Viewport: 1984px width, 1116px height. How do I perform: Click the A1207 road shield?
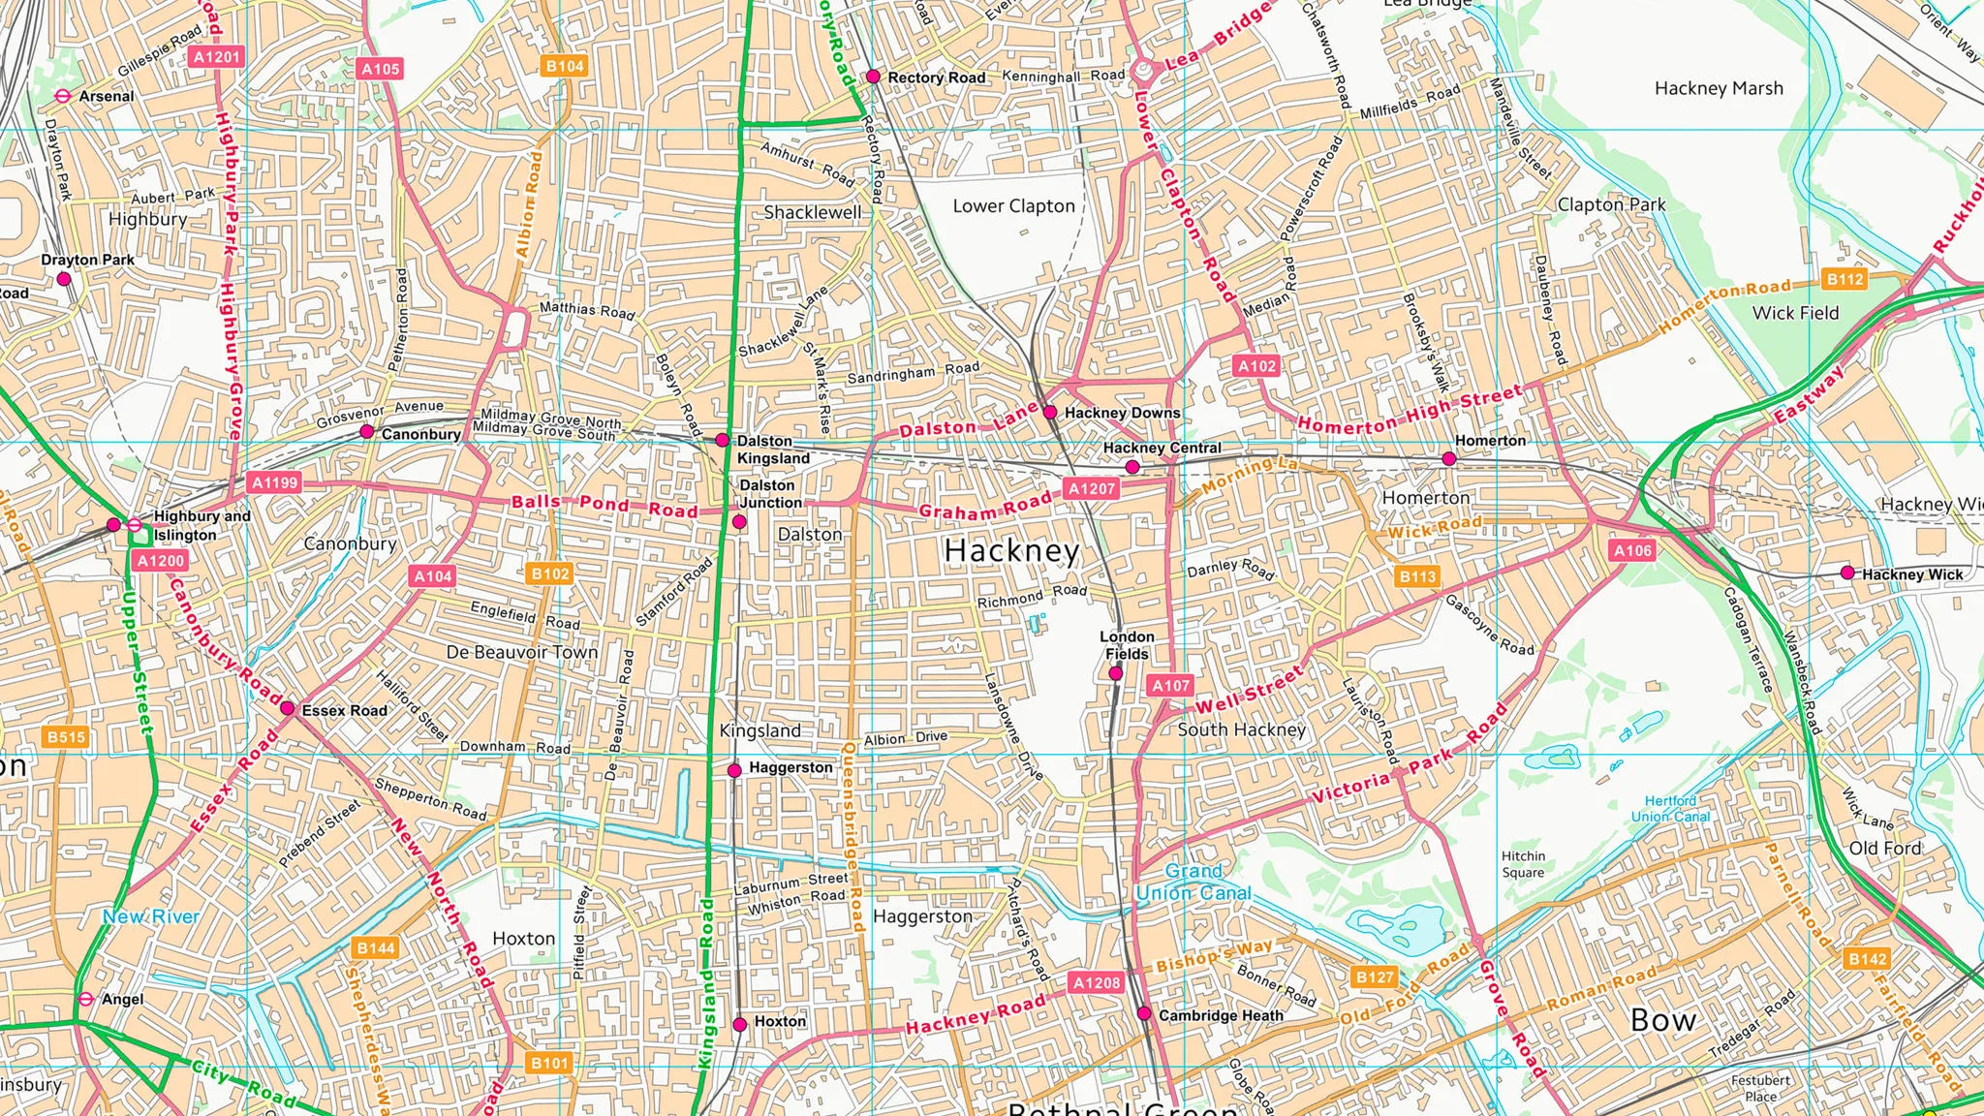(x=1092, y=488)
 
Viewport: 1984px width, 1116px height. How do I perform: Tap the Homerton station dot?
(x=1448, y=459)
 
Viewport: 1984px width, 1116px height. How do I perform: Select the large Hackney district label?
(x=1011, y=550)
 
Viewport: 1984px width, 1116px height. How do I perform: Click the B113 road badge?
(x=1417, y=576)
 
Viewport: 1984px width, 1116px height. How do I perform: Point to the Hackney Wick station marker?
(x=1847, y=573)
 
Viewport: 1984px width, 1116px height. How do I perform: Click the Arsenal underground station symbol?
(x=63, y=96)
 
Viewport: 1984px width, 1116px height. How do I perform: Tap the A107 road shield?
(x=1170, y=686)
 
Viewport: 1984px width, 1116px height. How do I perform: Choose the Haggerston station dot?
(x=734, y=770)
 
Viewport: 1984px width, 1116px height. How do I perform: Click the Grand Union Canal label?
(x=1193, y=883)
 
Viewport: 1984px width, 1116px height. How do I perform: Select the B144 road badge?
(x=376, y=947)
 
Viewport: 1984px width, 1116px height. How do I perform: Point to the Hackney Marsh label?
(x=1719, y=88)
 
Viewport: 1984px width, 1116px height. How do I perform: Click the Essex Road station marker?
(x=287, y=709)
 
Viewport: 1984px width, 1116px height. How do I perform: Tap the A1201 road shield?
(x=216, y=57)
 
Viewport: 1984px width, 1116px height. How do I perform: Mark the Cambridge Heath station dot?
(x=1144, y=1013)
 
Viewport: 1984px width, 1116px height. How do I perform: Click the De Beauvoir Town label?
(x=521, y=652)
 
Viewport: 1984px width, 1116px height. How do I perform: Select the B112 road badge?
(x=1844, y=279)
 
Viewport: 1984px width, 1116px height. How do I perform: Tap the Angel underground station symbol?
(x=85, y=999)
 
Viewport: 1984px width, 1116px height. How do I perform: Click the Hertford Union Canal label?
(x=1670, y=808)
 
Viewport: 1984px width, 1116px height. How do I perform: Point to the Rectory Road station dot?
(x=873, y=76)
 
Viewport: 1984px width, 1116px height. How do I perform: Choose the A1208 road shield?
(x=1097, y=982)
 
